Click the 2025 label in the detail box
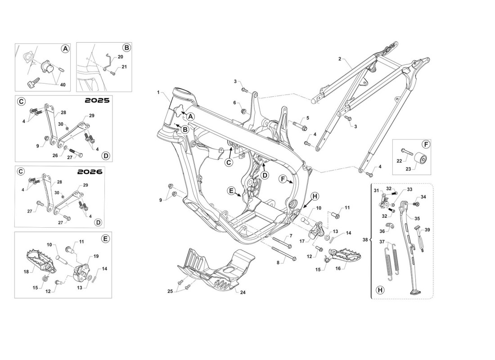coord(97,101)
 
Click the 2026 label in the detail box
coord(90,172)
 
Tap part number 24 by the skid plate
coord(243,292)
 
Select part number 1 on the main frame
coord(158,92)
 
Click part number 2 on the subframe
coord(340,59)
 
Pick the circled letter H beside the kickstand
coord(380,290)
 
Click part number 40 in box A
coord(63,85)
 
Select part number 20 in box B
coord(120,57)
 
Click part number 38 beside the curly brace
coord(364,240)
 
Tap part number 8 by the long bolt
coord(278,262)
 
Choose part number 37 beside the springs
coord(382,242)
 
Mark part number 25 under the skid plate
coord(170,292)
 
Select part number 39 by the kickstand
coord(427,229)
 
